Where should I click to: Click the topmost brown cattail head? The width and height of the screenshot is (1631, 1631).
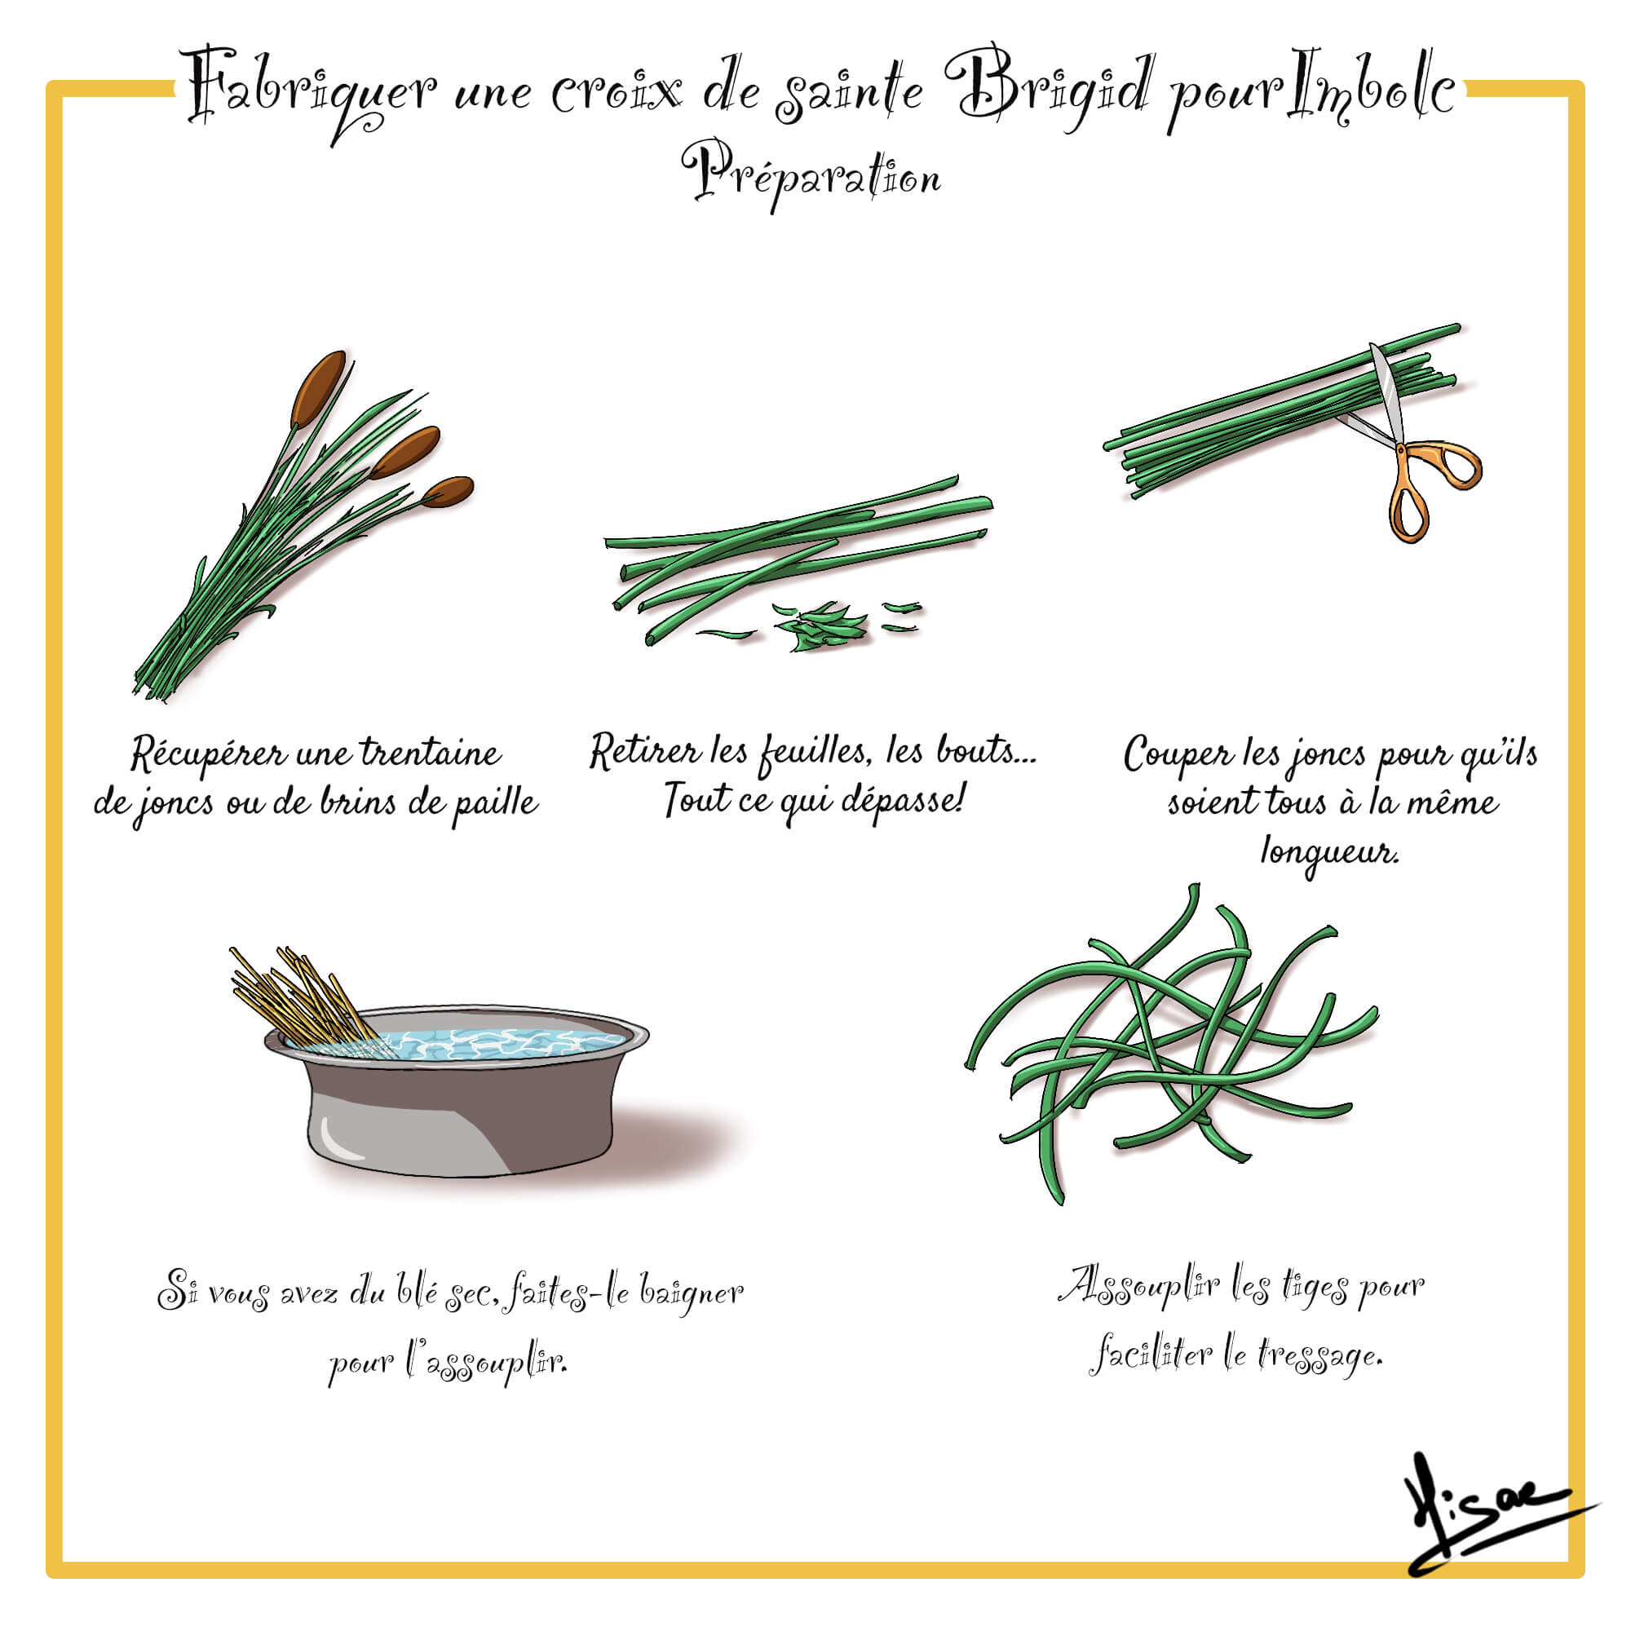coord(318,389)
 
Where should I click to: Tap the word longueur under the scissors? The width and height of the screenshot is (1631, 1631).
coord(1329,853)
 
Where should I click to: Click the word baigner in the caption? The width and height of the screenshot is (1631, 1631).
coord(691,1293)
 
